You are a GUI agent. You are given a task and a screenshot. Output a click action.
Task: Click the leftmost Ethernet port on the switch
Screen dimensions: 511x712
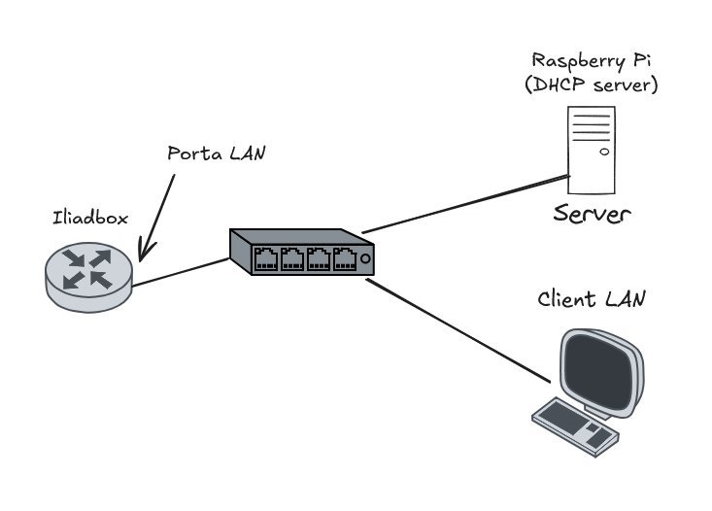click(266, 258)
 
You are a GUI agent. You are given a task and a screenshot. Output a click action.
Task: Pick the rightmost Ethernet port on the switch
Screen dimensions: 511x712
click(344, 259)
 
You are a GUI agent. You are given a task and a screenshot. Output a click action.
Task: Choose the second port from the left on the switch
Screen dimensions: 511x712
click(292, 259)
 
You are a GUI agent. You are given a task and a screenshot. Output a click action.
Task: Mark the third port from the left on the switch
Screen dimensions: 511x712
click(319, 259)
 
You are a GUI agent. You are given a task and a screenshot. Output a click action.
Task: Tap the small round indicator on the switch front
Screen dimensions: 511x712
click(364, 260)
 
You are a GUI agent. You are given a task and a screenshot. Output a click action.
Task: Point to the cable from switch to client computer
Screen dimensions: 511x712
click(456, 329)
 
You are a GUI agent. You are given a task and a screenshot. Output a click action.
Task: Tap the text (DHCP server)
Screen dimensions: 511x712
click(591, 85)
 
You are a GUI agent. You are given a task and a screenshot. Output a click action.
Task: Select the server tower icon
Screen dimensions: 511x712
click(593, 150)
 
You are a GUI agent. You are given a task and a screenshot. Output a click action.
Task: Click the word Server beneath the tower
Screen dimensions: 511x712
click(593, 213)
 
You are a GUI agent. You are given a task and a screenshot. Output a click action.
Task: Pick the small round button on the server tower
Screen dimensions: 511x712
click(604, 153)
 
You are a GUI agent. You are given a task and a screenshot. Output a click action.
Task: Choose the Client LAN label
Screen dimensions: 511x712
click(591, 299)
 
